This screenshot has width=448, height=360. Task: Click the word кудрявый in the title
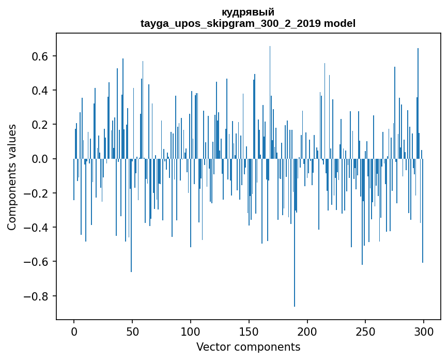pyautogui.click(x=248, y=12)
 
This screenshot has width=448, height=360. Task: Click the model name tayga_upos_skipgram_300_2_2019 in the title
pyautogui.click(x=231, y=24)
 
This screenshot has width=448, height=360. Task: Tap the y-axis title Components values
pyautogui.click(x=11, y=177)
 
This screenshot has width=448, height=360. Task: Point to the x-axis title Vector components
pyautogui.click(x=248, y=347)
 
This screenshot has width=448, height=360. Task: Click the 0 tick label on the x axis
pyautogui.click(x=74, y=331)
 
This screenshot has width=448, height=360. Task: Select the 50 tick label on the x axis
pyautogui.click(x=132, y=331)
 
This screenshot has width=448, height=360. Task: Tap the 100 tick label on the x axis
pyautogui.click(x=191, y=331)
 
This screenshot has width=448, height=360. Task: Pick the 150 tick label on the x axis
pyautogui.click(x=249, y=331)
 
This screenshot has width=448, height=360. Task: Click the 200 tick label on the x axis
pyautogui.click(x=307, y=331)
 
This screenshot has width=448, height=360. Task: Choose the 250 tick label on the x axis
pyautogui.click(x=366, y=331)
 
